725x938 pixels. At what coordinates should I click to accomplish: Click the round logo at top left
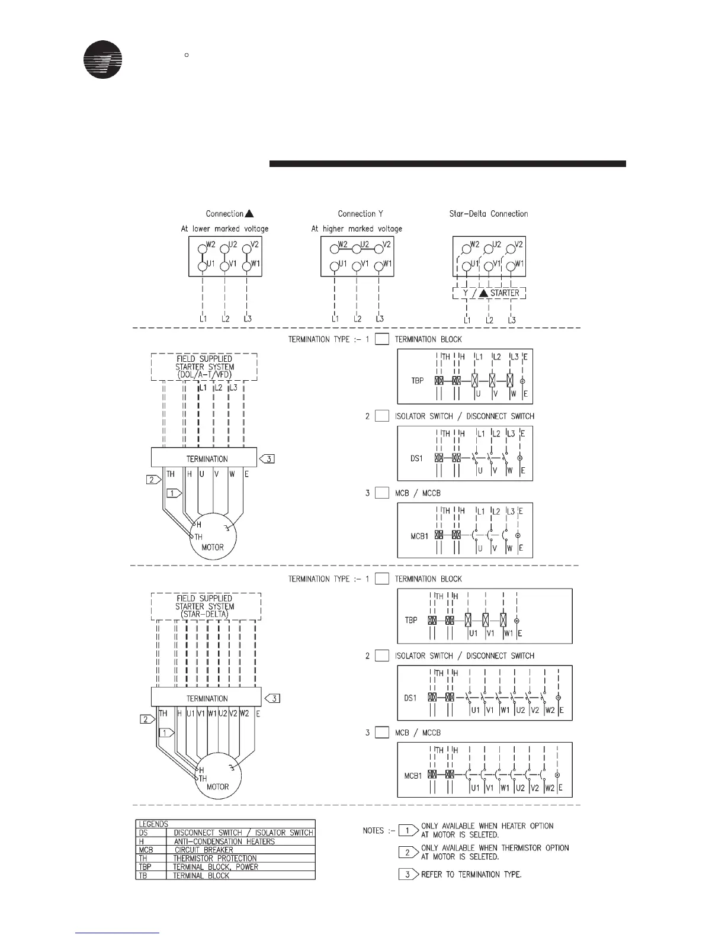point(103,59)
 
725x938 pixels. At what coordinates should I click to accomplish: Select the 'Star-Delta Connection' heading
point(489,214)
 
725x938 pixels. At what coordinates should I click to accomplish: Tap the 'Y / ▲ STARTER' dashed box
point(489,293)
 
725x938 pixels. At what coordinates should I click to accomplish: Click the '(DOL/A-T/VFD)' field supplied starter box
point(204,367)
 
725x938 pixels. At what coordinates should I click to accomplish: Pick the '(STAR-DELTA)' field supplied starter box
point(206,606)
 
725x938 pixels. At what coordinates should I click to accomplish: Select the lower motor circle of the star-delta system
point(218,779)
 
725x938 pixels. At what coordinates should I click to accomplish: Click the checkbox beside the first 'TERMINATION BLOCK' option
point(382,339)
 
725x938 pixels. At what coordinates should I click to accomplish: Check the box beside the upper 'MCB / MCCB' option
point(382,493)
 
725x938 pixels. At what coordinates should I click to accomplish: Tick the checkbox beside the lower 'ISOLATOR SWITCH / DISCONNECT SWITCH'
point(382,656)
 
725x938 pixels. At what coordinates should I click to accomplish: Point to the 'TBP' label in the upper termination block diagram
point(417,380)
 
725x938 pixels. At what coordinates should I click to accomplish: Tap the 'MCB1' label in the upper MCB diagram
point(419,536)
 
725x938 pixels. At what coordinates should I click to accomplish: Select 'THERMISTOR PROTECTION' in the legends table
point(215,858)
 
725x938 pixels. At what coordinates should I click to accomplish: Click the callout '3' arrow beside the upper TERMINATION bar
point(267,458)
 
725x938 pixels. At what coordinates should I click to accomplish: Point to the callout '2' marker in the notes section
point(408,852)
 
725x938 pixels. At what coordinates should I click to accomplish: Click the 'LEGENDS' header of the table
point(153,824)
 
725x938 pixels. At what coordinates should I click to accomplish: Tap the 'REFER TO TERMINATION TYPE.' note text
point(471,875)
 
